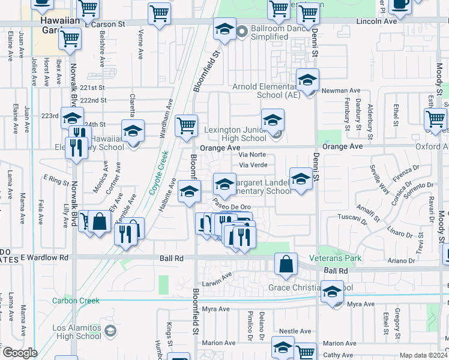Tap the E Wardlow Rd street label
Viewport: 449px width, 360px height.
point(45,257)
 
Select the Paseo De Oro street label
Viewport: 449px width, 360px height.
point(232,206)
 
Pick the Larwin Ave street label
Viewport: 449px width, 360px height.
point(217,278)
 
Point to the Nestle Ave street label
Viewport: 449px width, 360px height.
point(295,331)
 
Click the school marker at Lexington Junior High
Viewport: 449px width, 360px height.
point(273,120)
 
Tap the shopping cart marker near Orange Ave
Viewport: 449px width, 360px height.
point(186,126)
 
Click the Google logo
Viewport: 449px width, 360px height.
point(20,353)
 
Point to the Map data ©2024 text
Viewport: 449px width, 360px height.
point(423,355)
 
